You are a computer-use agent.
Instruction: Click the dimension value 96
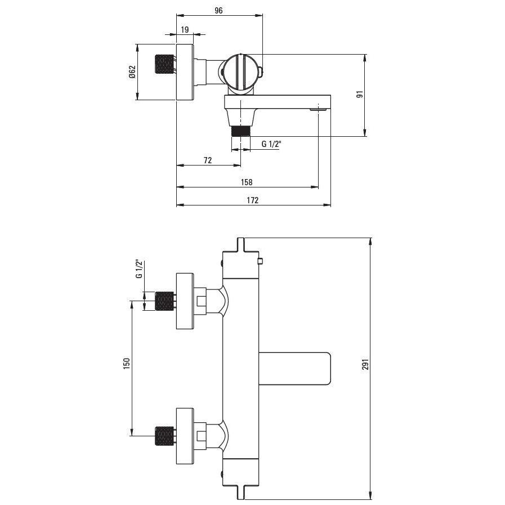[218, 11]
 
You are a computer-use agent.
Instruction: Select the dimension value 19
[185, 30]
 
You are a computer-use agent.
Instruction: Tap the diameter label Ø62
[132, 72]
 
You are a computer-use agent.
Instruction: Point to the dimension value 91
[360, 95]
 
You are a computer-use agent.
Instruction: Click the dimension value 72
[208, 160]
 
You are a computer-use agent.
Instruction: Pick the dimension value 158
[247, 182]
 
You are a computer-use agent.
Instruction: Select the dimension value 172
[252, 200]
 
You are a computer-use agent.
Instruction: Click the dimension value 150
[127, 363]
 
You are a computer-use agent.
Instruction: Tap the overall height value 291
[365, 364]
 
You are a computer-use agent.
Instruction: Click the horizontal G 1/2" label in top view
[271, 144]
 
